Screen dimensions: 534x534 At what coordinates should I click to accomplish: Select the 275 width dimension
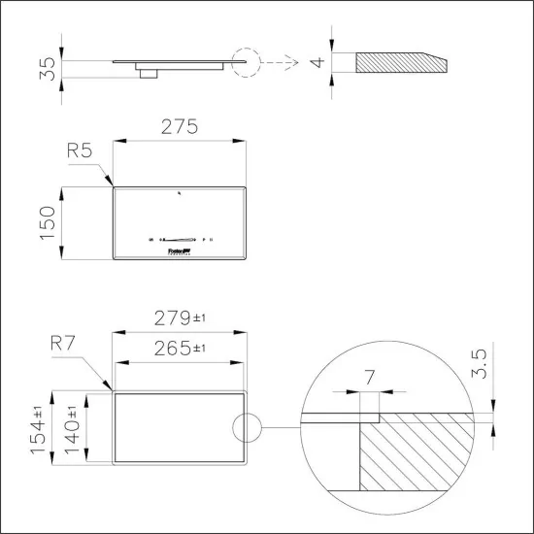click(180, 126)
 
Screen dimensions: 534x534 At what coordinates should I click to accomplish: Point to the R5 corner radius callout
click(80, 150)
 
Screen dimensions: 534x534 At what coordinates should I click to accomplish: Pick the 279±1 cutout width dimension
click(180, 317)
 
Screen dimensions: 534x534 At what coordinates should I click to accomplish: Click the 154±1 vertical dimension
click(41, 430)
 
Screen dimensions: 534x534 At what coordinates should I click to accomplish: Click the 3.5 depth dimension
click(477, 360)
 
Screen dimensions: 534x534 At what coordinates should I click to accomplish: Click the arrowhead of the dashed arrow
click(290, 64)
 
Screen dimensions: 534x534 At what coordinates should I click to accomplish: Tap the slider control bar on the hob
click(180, 239)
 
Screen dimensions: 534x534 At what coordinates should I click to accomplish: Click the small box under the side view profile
click(149, 71)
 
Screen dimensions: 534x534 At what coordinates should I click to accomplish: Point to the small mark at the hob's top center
click(180, 194)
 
